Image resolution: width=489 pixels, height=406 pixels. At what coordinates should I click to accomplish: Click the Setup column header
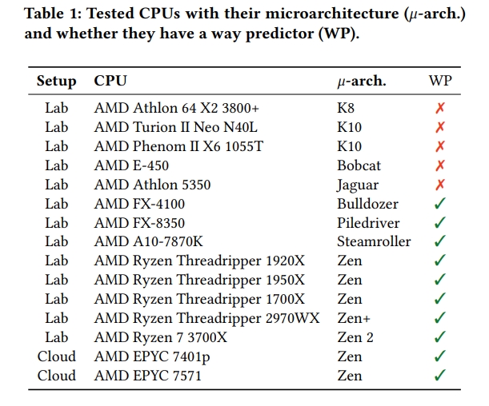point(56,81)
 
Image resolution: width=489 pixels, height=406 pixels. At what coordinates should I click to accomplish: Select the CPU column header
point(110,81)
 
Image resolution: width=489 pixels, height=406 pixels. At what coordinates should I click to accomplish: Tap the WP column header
point(439,81)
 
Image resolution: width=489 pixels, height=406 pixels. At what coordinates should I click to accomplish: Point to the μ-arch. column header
point(362,82)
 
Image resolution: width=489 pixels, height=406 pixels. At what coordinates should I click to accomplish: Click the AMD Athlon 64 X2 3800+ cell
point(177,107)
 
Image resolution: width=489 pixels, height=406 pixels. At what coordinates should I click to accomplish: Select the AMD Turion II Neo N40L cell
point(176,126)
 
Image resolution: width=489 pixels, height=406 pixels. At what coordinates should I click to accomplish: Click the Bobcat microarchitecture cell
point(359,165)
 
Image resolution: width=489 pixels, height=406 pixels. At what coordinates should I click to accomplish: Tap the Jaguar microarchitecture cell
point(358,185)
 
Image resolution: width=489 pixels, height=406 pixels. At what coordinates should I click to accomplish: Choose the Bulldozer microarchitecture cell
point(367,204)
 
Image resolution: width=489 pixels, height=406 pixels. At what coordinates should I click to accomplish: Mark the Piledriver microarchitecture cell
point(368,223)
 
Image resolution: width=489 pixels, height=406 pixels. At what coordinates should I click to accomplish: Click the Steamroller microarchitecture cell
point(374,241)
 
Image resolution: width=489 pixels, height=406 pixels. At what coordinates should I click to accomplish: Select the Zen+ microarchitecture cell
point(353,318)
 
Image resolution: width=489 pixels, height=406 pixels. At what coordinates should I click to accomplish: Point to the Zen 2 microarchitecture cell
point(355,337)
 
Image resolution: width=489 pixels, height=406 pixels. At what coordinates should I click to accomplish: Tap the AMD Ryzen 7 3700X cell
point(161,337)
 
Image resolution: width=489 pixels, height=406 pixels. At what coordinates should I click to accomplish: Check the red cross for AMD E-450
point(439,165)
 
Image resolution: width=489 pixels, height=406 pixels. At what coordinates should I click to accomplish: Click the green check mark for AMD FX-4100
point(439,204)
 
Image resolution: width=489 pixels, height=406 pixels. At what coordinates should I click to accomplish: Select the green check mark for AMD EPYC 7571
point(439,376)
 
